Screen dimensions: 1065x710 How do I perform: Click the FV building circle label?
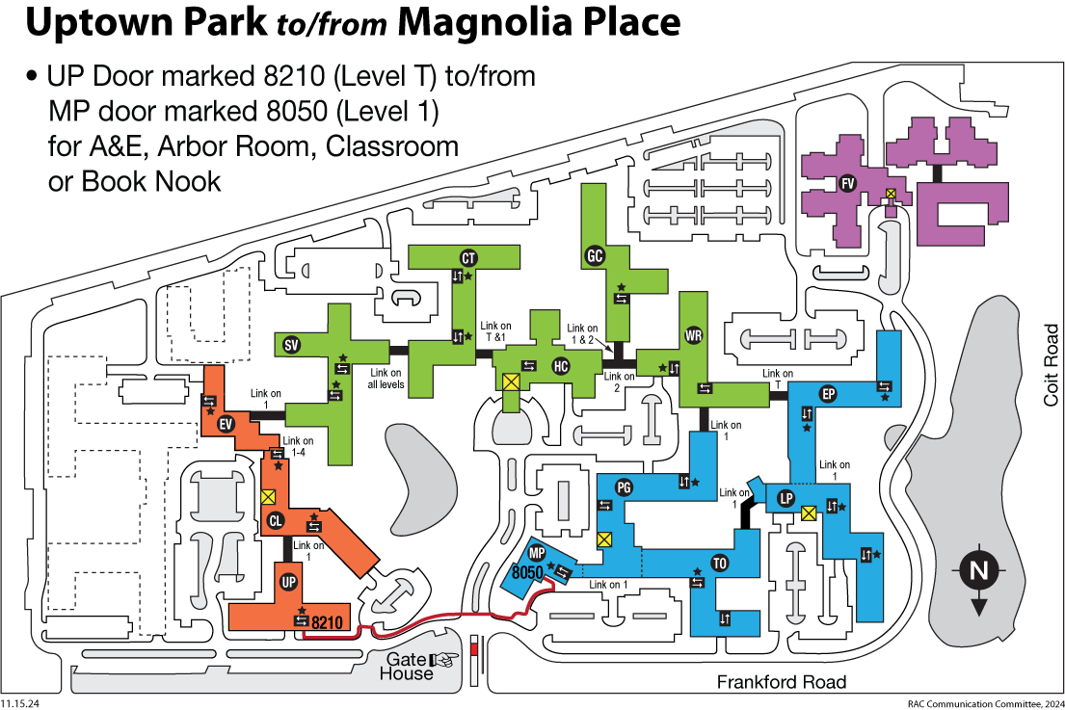pos(847,183)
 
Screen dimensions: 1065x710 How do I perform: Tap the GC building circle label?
pos(595,256)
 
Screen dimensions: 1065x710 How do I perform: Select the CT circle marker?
pos(468,258)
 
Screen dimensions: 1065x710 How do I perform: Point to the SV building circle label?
pos(291,345)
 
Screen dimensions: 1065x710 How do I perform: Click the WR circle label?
pos(694,335)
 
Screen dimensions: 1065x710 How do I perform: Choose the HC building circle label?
pos(560,366)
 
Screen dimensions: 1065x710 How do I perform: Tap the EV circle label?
pos(226,424)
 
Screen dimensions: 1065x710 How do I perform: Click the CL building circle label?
pos(275,520)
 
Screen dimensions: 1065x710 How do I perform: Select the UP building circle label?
pos(289,581)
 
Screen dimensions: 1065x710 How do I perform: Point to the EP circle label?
pos(828,394)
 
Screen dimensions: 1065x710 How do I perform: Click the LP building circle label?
pos(785,498)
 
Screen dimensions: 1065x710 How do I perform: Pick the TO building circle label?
pos(719,563)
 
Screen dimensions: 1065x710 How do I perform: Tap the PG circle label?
pos(624,486)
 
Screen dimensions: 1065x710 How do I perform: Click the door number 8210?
pos(327,621)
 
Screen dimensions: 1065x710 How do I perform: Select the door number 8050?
pos(528,572)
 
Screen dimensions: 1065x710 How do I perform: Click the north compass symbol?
pos(979,578)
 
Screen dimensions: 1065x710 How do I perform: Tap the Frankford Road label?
pos(782,682)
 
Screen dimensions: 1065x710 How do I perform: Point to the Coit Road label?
pos(1051,365)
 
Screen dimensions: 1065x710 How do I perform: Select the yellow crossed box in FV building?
pos(891,195)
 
